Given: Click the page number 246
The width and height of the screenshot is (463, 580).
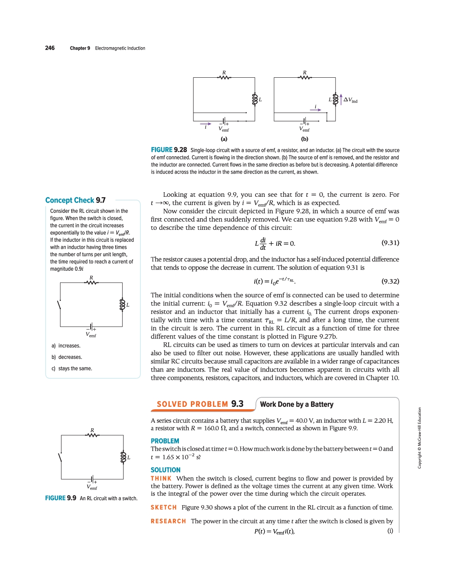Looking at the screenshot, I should [x=50, y=48].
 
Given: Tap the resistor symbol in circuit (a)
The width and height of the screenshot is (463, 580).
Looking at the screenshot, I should [x=224, y=77].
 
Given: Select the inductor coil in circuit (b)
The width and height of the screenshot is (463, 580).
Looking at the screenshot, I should [x=335, y=99].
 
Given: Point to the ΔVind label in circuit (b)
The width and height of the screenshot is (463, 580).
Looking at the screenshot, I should [x=350, y=100].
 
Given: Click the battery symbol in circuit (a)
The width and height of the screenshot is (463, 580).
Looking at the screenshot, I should [x=224, y=121].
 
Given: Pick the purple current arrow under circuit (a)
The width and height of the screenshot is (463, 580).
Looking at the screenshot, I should [x=206, y=124].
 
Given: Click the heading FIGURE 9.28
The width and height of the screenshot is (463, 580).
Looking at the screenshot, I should [x=169, y=150].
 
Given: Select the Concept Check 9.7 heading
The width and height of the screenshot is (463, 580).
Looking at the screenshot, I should [x=75, y=200].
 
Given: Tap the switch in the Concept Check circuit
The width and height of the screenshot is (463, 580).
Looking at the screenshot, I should [x=59, y=305].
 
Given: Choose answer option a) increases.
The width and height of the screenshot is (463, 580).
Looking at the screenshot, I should [x=66, y=346].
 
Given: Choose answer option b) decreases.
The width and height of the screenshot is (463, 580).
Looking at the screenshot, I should [x=67, y=357].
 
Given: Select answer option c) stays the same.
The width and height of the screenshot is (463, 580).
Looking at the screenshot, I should [x=72, y=368].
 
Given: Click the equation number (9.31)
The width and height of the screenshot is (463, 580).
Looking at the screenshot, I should [x=390, y=243].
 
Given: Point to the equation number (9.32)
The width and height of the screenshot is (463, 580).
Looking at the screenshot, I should [x=390, y=281].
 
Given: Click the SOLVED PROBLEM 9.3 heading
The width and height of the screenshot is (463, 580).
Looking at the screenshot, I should [x=200, y=404].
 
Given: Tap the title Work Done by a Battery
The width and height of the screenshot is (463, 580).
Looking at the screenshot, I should [x=297, y=404].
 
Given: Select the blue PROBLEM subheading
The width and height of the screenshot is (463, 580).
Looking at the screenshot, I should [x=165, y=441].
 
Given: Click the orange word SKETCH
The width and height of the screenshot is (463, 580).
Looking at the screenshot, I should [x=164, y=507].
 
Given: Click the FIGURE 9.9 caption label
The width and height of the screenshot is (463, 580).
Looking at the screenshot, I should [x=60, y=498].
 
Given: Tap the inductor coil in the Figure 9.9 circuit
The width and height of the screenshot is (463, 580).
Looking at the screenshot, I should [x=123, y=457].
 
